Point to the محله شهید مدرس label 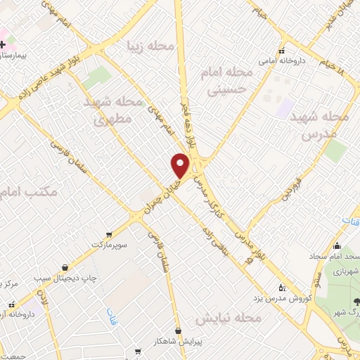pyautogui.click(x=319, y=124)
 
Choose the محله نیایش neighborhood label pyautogui.click(x=228, y=319)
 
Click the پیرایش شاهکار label pyautogui.click(x=179, y=341)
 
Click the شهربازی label pyautogui.click(x=345, y=271)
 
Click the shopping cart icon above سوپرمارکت pyautogui.click(x=108, y=234)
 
